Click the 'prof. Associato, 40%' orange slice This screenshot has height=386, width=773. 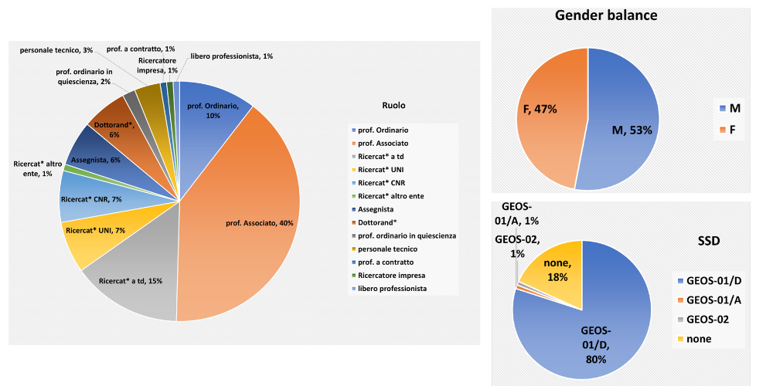pyautogui.click(x=247, y=224)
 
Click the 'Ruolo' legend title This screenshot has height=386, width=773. pyautogui.click(x=393, y=105)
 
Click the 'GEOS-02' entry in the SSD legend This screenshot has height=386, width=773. pyautogui.click(x=711, y=319)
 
